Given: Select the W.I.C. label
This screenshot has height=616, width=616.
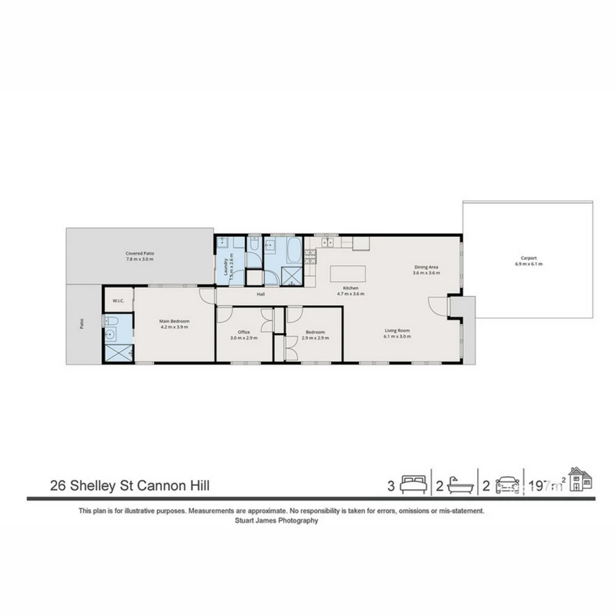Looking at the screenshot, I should click(x=119, y=301).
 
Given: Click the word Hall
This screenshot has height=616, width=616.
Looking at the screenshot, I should click(x=261, y=294).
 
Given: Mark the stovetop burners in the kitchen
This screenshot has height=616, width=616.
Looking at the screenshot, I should click(x=311, y=257).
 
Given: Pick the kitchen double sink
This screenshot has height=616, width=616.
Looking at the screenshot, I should click(x=329, y=242).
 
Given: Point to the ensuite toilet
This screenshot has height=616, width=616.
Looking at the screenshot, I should click(x=111, y=321).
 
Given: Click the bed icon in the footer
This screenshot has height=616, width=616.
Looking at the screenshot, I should click(x=413, y=485).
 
